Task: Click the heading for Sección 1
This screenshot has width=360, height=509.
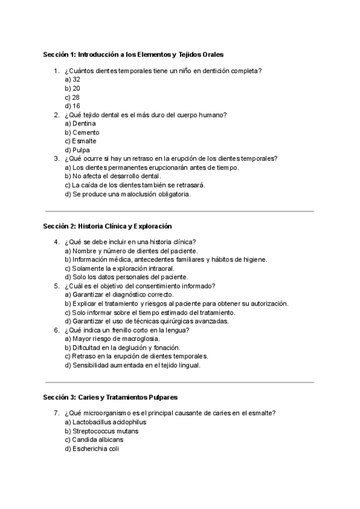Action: point(133,54)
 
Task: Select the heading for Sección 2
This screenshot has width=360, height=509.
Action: point(107,226)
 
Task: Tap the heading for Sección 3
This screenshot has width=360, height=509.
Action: point(110,397)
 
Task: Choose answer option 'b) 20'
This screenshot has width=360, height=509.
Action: point(73,88)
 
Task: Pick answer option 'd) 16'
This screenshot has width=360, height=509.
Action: point(73,106)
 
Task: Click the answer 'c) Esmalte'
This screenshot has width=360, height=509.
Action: point(81,141)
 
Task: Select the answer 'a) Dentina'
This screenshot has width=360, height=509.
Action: point(80,124)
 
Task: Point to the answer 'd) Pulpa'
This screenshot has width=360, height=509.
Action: point(77,150)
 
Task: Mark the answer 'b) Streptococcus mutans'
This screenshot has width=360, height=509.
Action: point(101,431)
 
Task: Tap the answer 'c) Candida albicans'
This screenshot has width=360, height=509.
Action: point(94,440)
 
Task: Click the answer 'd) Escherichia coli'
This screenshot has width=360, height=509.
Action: point(92,448)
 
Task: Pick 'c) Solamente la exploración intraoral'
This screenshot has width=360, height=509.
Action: point(119,268)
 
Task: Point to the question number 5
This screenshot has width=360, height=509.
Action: point(56,286)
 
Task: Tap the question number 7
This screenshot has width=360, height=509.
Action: point(56,414)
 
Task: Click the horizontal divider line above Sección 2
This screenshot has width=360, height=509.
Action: point(179,211)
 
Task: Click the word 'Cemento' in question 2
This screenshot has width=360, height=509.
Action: point(86,133)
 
